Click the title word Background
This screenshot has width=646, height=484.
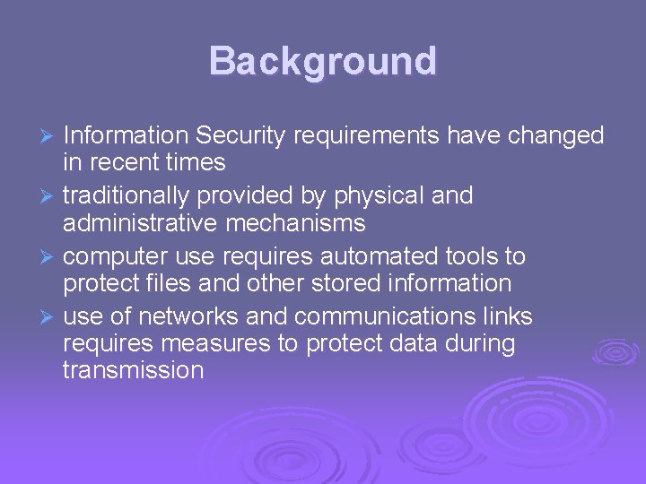(x=323, y=62)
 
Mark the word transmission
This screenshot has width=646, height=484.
(x=134, y=369)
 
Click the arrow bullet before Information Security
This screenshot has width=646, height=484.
(x=50, y=137)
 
